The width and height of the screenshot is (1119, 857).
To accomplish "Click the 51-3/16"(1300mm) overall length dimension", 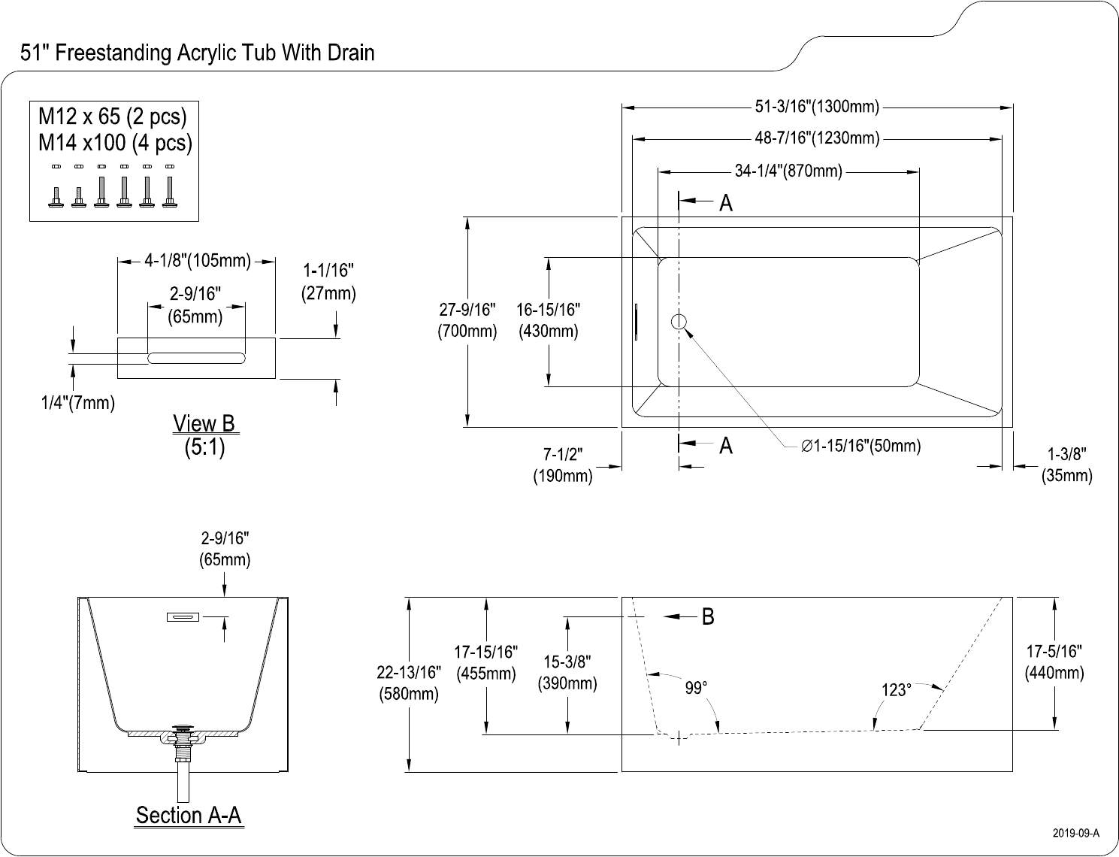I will [x=817, y=107].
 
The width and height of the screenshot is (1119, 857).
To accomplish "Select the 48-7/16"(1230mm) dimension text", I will [x=817, y=138].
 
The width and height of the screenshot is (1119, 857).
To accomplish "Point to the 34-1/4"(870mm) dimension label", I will [x=788, y=171].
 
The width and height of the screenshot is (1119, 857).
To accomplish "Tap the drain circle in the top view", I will [x=679, y=322].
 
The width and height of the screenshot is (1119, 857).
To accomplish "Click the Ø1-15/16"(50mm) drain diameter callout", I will [x=861, y=446].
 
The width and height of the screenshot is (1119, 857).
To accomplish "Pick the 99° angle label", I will [x=696, y=689].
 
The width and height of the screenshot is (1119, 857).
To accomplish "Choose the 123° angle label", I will [x=896, y=690].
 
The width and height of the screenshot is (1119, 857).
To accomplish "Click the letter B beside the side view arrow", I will [x=707, y=617].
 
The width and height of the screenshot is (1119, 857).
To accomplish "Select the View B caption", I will [x=204, y=424].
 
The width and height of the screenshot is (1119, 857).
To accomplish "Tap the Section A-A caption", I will [x=189, y=816].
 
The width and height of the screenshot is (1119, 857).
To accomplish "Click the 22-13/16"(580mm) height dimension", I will [x=409, y=683].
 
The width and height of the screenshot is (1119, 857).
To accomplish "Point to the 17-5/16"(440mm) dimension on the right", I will [x=1054, y=662].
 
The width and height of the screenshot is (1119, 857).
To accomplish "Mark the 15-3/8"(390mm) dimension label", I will [x=567, y=673].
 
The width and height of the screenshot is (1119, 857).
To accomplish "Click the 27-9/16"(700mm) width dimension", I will [x=467, y=321].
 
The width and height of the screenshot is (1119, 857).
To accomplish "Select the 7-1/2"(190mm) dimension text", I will [x=563, y=465].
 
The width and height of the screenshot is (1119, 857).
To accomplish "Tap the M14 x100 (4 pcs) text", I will [x=115, y=142].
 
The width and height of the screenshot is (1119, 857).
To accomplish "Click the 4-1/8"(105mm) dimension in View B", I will [x=197, y=261].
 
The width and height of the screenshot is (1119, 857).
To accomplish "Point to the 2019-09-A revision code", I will [x=1075, y=833].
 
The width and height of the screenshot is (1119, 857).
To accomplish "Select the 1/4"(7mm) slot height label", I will [x=77, y=403].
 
